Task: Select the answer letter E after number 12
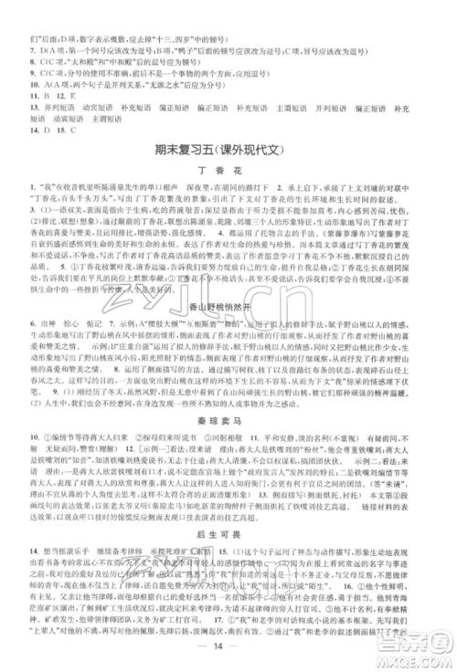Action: point(71,93)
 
